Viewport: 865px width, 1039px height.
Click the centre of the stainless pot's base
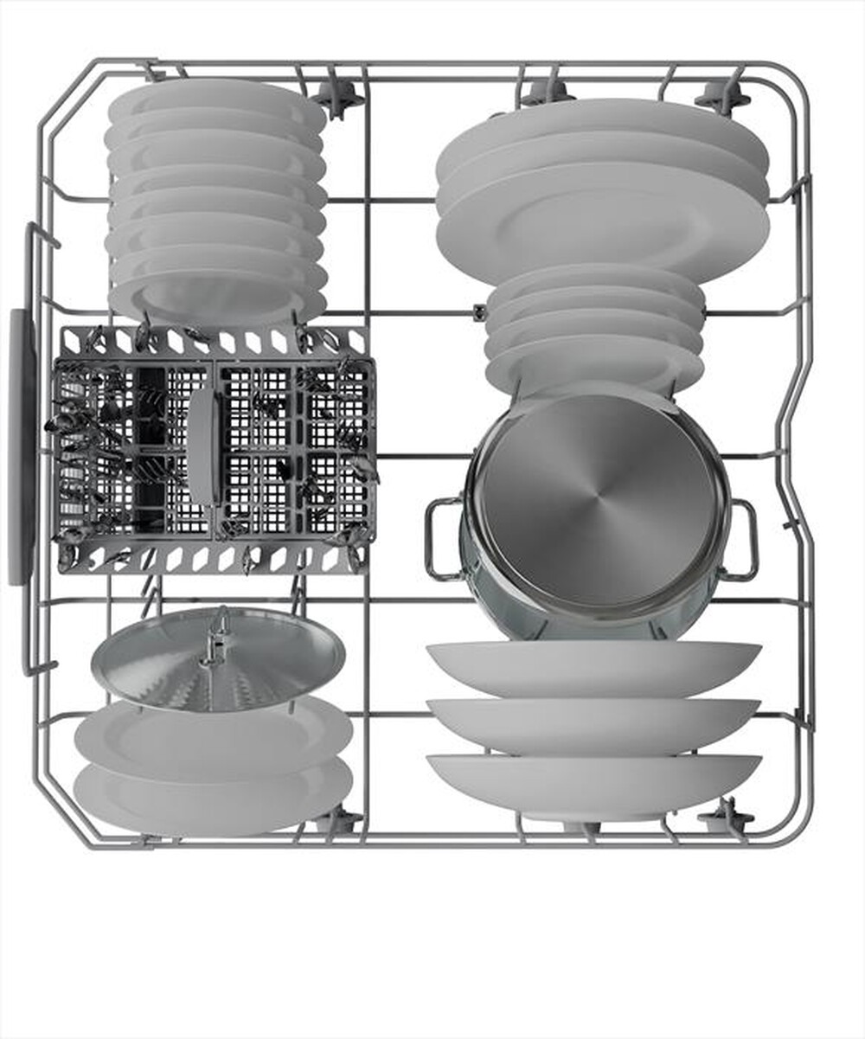(x=597, y=501)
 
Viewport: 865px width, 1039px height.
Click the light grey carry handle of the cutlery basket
(x=204, y=446)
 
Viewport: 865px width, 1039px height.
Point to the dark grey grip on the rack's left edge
(x=20, y=446)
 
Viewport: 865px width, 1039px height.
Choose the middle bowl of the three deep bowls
(x=593, y=725)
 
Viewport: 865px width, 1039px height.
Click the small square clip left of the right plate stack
(x=479, y=311)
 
